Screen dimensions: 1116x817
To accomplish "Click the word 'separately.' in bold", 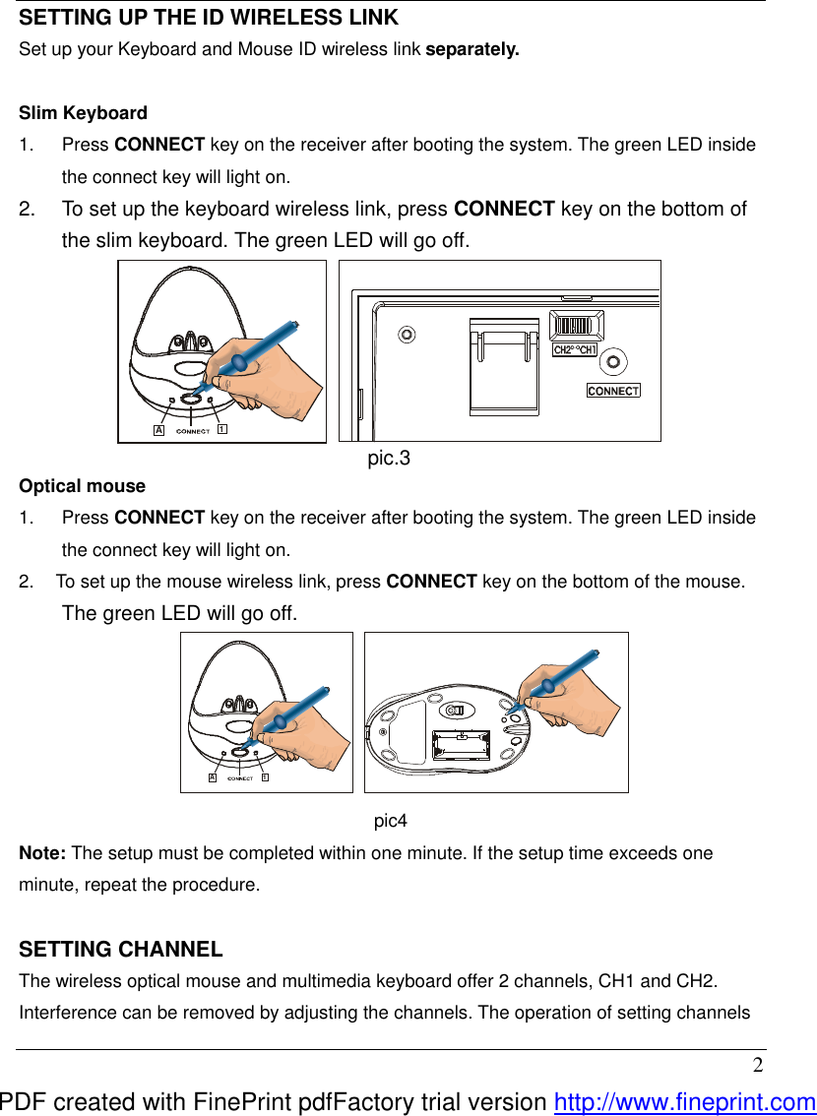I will tap(471, 49).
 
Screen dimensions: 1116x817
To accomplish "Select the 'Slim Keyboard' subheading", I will tap(84, 113).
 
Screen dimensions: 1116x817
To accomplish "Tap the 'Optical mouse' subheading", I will tap(83, 486).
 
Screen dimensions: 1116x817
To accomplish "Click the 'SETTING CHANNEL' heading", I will tap(121, 950).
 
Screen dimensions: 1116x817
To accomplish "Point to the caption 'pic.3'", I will tap(389, 459).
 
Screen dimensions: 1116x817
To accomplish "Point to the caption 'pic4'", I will tap(391, 821).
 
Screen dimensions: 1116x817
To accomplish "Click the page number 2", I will tap(757, 1066).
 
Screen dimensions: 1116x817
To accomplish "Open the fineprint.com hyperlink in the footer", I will tap(685, 1103).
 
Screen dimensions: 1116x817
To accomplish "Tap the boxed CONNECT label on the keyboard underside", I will tap(613, 391).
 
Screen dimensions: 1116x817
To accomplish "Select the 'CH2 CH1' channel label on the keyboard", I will tap(576, 350).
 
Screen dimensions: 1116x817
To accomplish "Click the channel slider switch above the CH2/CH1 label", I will tap(576, 326).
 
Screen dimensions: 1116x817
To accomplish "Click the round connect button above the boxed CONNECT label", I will tap(613, 362).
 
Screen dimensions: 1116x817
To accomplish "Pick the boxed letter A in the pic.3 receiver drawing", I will tap(157, 430).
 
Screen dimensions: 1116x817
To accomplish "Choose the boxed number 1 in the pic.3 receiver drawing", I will tap(221, 430).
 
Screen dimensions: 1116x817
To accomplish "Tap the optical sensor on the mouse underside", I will tap(456, 711).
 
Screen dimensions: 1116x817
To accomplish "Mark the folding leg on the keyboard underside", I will tap(504, 363).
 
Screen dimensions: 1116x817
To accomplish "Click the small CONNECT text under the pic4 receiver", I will tap(240, 778).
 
